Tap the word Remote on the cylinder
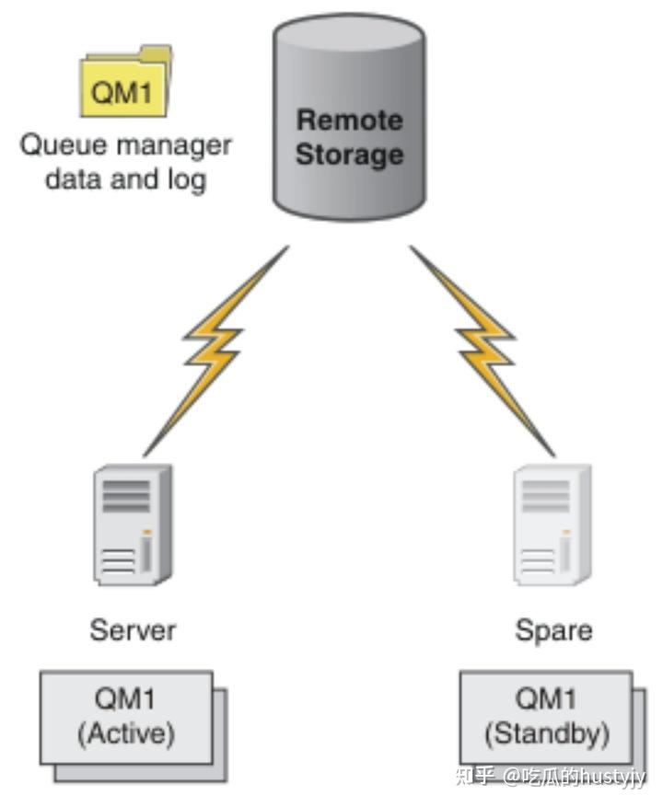349,121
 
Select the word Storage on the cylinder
349,154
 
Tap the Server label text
133,630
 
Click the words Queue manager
126,145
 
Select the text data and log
126,178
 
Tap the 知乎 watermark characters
475,777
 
